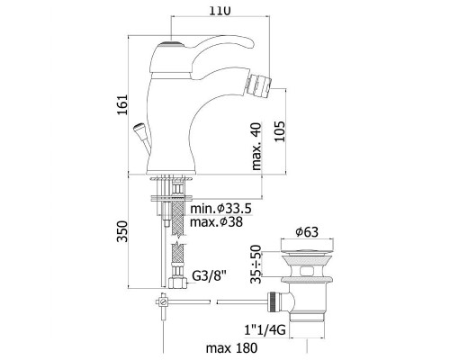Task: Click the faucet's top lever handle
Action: pyautogui.click(x=193, y=48)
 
